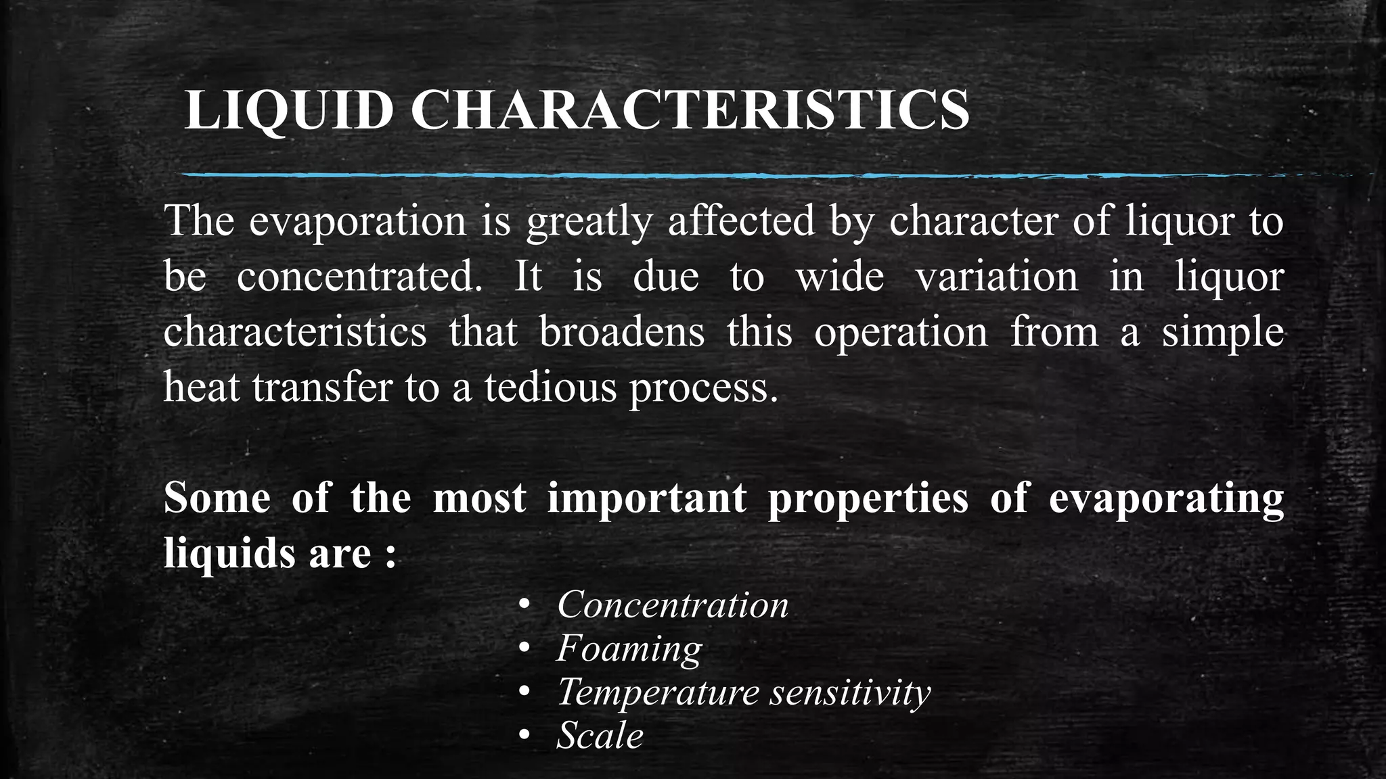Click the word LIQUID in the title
click(288, 110)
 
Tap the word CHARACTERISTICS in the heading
click(690, 110)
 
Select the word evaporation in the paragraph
click(357, 221)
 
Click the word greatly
click(589, 221)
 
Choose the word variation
click(996, 277)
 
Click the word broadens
click(622, 332)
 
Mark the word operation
click(901, 332)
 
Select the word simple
click(1222, 332)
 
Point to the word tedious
click(550, 387)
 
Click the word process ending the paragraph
click(704, 387)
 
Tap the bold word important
click(647, 498)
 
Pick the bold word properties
click(868, 498)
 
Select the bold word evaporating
click(1166, 498)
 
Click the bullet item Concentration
click(673, 605)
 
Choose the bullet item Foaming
click(629, 648)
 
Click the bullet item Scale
click(600, 736)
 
